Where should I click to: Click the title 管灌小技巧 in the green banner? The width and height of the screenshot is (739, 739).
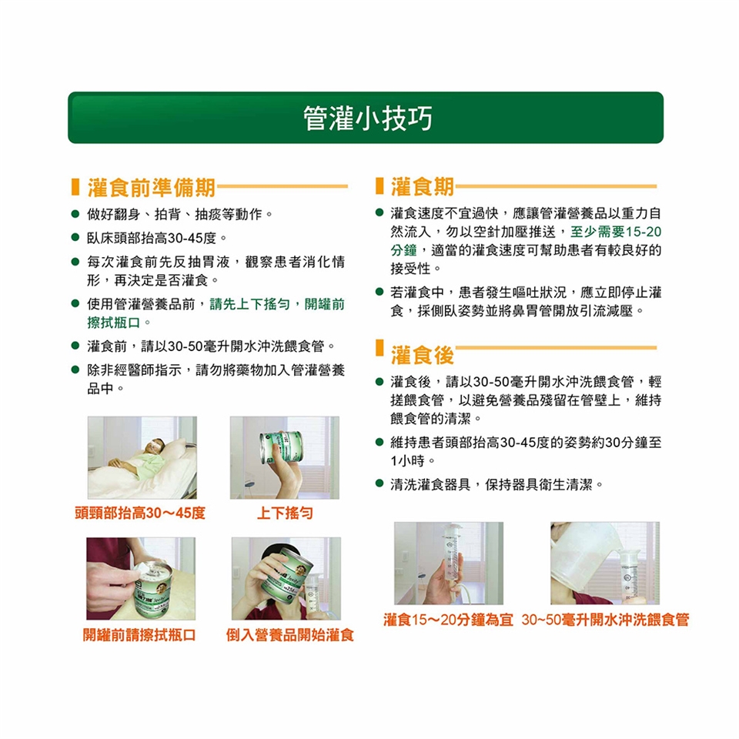tap(368, 118)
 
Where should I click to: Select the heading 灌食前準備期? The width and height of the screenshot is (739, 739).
tap(152, 187)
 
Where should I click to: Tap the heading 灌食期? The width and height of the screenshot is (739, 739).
tap(423, 186)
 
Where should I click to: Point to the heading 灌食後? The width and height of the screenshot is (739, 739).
tap(423, 355)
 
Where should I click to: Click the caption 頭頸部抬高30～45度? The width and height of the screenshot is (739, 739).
tap(140, 513)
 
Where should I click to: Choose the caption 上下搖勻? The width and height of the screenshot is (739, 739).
tap(285, 513)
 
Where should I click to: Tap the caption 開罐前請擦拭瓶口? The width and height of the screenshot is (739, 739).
tap(139, 635)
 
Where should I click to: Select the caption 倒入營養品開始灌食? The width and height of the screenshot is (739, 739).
tap(290, 635)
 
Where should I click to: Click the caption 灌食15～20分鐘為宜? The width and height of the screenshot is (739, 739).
tap(448, 619)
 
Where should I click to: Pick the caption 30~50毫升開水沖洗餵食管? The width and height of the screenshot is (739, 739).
tap(605, 619)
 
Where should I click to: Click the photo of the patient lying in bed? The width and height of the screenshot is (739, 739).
tap(142, 457)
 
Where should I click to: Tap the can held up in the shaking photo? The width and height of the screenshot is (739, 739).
tap(281, 447)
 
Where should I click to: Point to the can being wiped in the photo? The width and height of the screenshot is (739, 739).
tap(154, 589)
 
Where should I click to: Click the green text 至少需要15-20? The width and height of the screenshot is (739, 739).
tap(616, 232)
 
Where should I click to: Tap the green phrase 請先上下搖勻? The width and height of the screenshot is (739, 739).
tap(249, 304)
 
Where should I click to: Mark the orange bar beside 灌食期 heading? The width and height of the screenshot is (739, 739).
tap(379, 186)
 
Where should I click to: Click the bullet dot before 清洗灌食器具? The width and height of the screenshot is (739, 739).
tap(380, 483)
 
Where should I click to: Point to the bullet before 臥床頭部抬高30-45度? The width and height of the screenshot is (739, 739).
tap(75, 238)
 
